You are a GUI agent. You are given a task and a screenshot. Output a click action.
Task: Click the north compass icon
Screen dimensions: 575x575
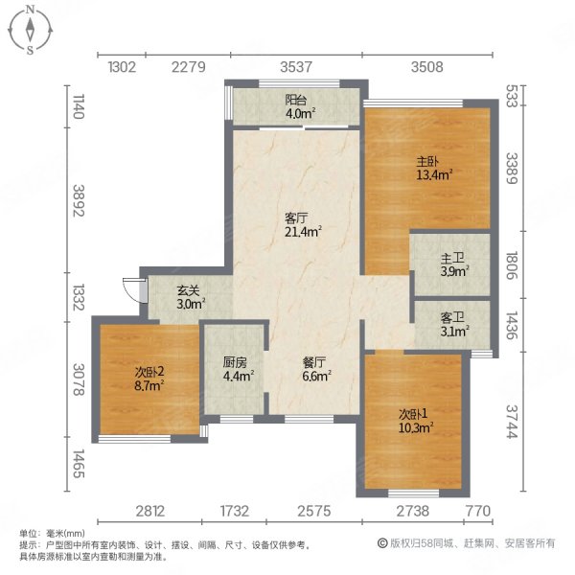31,30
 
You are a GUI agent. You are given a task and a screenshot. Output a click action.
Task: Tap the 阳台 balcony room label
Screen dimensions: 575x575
296,99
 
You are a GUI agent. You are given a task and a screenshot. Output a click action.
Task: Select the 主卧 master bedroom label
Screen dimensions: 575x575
427,161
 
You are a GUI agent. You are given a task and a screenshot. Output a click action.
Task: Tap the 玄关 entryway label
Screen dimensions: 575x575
188,291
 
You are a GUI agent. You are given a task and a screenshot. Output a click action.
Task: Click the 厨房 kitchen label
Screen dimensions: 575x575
236,362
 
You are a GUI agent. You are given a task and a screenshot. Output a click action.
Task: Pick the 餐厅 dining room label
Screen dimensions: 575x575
315,362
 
